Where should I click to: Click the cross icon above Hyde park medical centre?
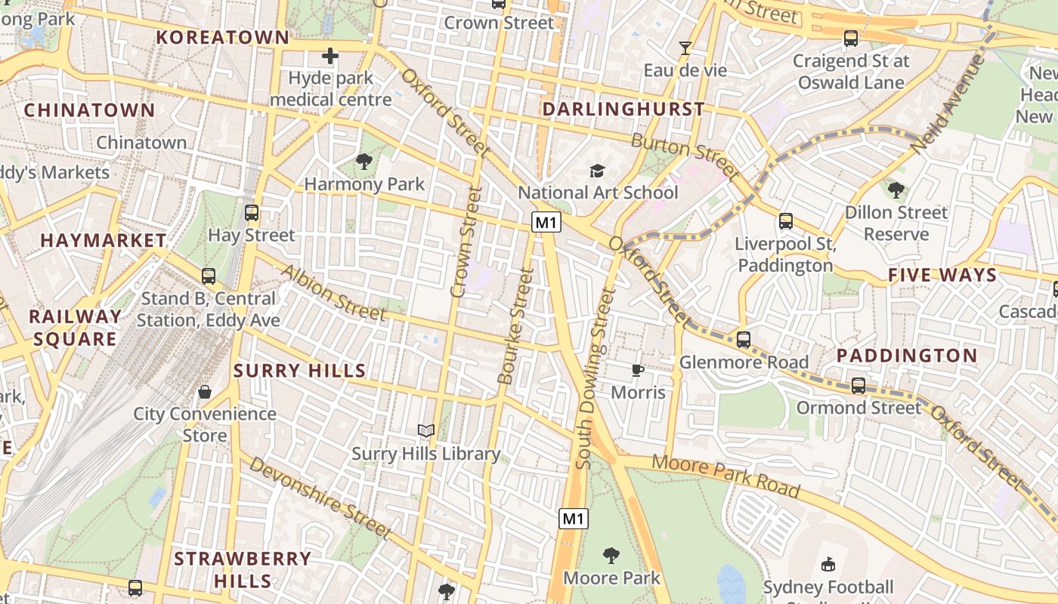[330, 56]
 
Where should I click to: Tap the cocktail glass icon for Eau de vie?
[685, 48]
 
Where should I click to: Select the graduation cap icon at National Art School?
[598, 171]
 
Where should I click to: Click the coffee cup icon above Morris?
[638, 370]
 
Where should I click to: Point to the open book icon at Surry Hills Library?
[426, 430]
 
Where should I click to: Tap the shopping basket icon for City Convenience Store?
[205, 391]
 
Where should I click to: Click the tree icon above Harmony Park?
[364, 161]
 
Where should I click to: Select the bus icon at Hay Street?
[252, 213]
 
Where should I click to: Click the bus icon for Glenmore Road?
[744, 340]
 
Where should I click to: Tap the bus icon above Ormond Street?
[858, 385]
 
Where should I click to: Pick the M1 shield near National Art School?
[546, 222]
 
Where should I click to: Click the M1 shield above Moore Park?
[574, 519]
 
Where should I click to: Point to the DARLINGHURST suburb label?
[623, 109]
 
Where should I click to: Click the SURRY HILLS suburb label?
[300, 371]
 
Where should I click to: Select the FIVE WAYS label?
[942, 275]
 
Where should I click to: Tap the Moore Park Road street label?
[725, 476]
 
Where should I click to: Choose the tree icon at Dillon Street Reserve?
[896, 190]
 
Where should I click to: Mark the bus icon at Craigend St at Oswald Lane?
[851, 38]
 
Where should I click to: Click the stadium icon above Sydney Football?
[828, 564]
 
